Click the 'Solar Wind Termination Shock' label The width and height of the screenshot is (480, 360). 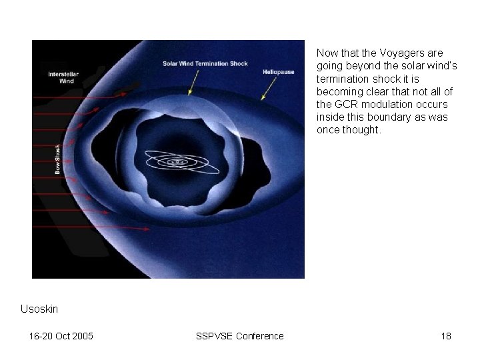205,64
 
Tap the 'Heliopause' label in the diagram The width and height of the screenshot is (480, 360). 279,71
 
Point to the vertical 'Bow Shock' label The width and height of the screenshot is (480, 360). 58,159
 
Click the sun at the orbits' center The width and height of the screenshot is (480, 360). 177,161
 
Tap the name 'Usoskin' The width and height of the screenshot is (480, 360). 39,309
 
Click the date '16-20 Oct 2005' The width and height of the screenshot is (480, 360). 61,336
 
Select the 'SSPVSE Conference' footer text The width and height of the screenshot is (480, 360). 239,336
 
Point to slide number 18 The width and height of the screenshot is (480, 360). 446,336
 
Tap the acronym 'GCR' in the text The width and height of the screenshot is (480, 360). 345,104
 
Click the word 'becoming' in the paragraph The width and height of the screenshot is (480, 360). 337,91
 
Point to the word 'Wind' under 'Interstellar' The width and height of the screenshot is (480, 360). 67,81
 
